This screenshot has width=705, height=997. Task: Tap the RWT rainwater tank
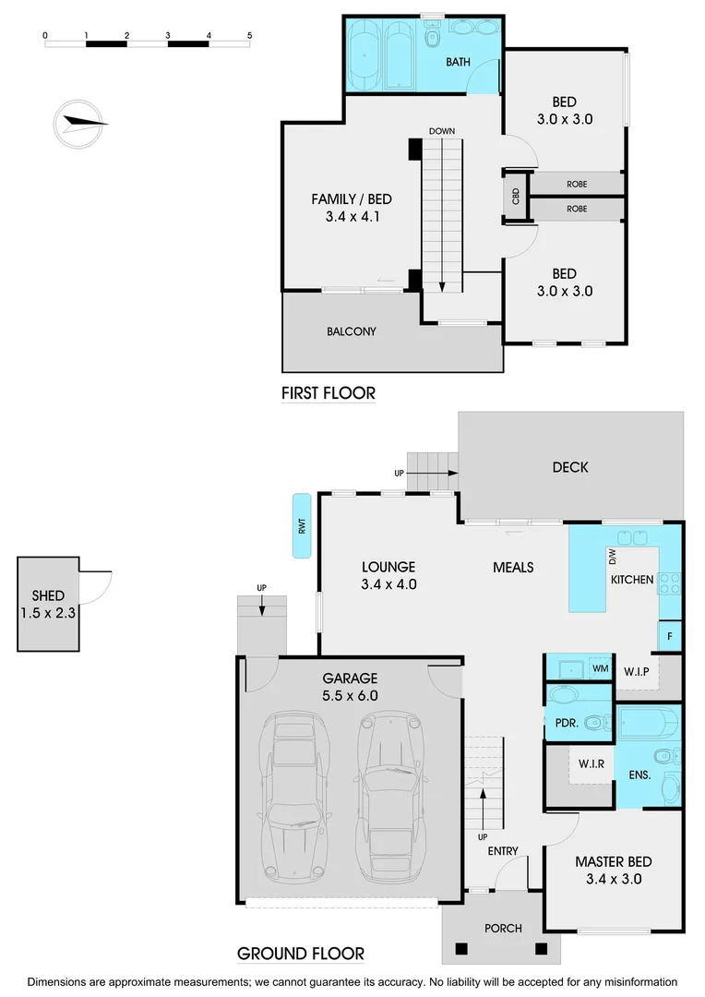301,526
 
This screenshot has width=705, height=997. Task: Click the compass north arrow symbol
80,124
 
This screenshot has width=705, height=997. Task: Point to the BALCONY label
352,331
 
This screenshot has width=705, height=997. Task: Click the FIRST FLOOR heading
329,394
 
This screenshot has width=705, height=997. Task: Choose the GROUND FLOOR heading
301,954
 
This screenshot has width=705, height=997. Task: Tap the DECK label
570,467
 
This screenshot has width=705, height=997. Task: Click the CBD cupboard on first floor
516,196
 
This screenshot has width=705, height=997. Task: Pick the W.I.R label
591,763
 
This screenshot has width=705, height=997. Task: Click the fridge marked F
669,636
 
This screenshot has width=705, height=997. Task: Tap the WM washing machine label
600,667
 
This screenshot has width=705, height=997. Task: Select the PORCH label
503,928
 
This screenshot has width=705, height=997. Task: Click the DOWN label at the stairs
441,131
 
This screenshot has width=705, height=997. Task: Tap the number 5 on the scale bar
249,35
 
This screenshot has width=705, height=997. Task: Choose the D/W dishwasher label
611,556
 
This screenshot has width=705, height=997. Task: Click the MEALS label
513,568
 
